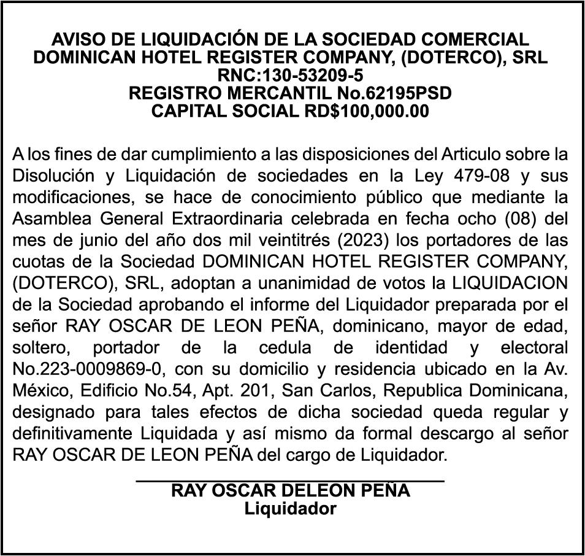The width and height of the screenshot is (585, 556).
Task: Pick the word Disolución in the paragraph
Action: pyautogui.click(x=52, y=175)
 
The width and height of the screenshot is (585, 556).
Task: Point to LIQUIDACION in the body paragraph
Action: pyautogui.click(x=511, y=283)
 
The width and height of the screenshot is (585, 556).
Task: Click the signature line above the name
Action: pyautogui.click(x=290, y=482)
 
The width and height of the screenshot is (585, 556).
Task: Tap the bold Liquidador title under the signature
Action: pyautogui.click(x=290, y=509)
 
